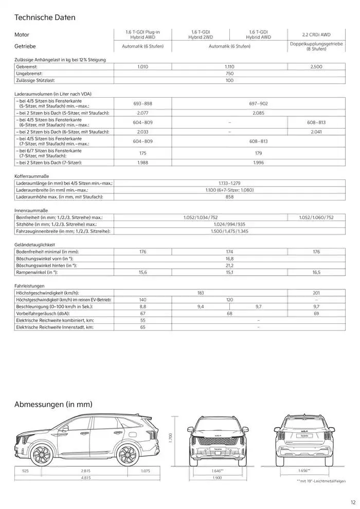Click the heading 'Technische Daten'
point(45,17)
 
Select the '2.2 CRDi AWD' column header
point(316,34)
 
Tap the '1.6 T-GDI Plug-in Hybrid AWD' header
point(142,34)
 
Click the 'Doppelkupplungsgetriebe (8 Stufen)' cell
point(316,46)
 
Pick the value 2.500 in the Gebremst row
point(316,67)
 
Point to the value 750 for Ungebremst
point(229,74)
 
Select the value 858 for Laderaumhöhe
point(229,197)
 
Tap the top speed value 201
point(316,293)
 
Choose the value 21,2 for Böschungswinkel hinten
point(229,265)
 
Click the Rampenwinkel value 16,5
point(316,272)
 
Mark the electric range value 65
point(142,327)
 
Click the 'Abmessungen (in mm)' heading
point(53,405)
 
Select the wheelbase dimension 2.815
point(85,470)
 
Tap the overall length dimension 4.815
point(85,478)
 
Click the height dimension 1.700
point(171,437)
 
